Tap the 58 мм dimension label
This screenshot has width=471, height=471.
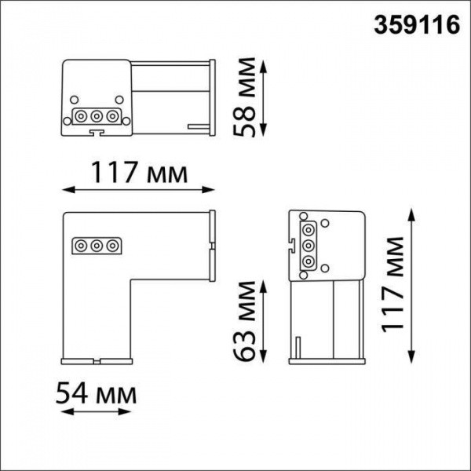(x=247, y=97)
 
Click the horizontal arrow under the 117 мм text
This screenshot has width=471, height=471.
(x=139, y=189)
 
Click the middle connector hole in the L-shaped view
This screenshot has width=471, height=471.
(x=97, y=246)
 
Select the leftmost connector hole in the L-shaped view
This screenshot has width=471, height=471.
(x=80, y=246)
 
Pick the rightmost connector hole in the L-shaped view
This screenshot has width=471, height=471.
(x=113, y=246)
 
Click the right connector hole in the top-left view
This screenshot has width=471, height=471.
(x=113, y=116)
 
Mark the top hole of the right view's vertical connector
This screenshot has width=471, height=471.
(x=309, y=228)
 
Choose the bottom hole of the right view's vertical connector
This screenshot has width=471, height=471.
(x=309, y=262)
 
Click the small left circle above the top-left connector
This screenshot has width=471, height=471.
(x=74, y=100)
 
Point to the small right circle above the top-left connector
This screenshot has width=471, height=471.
(x=119, y=100)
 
